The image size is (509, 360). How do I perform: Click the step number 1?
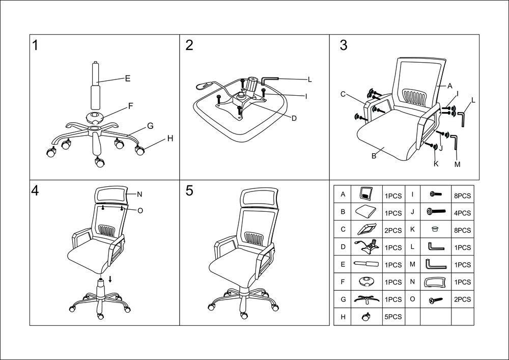pos(35,46)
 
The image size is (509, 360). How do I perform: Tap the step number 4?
pos(35,190)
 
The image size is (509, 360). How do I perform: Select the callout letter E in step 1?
pos(128,78)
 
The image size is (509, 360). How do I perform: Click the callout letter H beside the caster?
pos(170,139)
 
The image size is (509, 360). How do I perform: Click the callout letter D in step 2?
pos(294,118)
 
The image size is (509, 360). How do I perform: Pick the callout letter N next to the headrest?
pos(139,194)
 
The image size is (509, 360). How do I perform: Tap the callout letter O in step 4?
pos(140,210)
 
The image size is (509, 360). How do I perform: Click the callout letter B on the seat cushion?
pos(374,156)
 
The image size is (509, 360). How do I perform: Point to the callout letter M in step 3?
pos(457,164)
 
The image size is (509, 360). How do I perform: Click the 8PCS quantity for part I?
pos(462,195)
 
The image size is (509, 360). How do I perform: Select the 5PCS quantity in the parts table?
pos(393,317)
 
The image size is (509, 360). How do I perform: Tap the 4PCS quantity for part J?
pos(462,213)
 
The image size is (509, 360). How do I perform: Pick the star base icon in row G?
pos(366,299)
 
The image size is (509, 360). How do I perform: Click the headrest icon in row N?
pos(435,282)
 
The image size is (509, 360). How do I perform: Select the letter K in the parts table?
pos(412,230)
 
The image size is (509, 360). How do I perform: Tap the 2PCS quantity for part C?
pos(393,230)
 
